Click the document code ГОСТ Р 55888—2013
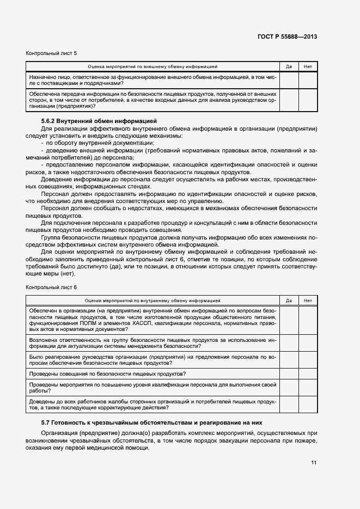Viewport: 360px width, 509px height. (x=287, y=36)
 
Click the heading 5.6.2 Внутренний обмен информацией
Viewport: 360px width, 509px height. (x=99, y=120)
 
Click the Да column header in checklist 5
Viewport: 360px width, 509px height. (x=289, y=66)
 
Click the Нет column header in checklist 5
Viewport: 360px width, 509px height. (x=308, y=66)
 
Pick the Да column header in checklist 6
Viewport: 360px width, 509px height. (x=289, y=301)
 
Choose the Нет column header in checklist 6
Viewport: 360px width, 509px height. (x=308, y=301)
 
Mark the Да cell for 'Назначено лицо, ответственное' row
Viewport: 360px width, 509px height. (x=289, y=80)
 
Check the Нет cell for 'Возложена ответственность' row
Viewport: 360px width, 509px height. (x=308, y=343)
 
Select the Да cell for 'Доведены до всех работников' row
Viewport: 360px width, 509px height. (x=289, y=404)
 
